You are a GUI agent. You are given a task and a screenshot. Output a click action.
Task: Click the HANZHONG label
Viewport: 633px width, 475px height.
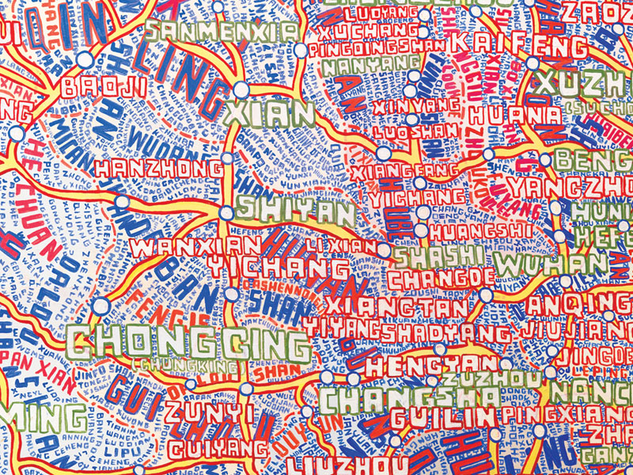pyautogui.click(x=159, y=168)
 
